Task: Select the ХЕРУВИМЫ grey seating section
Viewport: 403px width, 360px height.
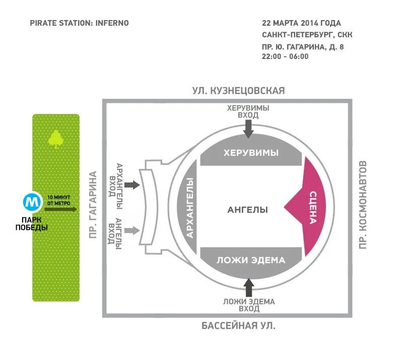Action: pyautogui.click(x=251, y=153)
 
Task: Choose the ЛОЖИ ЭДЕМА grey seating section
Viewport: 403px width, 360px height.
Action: pyautogui.click(x=251, y=260)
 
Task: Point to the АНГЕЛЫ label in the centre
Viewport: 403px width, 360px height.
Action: pyautogui.click(x=247, y=210)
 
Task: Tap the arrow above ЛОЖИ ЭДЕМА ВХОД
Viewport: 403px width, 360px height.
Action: pyautogui.click(x=248, y=287)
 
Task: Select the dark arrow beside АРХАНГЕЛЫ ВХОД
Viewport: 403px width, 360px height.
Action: pyautogui.click(x=132, y=185)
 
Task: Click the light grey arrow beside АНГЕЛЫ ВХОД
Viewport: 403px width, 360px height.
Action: pyautogui.click(x=132, y=231)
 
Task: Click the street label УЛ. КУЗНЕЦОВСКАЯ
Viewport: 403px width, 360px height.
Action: pyautogui.click(x=238, y=91)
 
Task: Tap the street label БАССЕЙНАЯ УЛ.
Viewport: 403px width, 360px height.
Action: pyautogui.click(x=239, y=326)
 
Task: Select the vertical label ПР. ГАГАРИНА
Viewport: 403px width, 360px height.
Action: pyautogui.click(x=93, y=205)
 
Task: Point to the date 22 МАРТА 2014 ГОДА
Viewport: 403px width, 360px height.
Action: pyautogui.click(x=301, y=23)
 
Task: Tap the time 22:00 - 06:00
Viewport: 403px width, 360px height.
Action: pyautogui.click(x=285, y=57)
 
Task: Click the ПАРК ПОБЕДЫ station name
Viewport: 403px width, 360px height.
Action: pyautogui.click(x=34, y=223)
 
